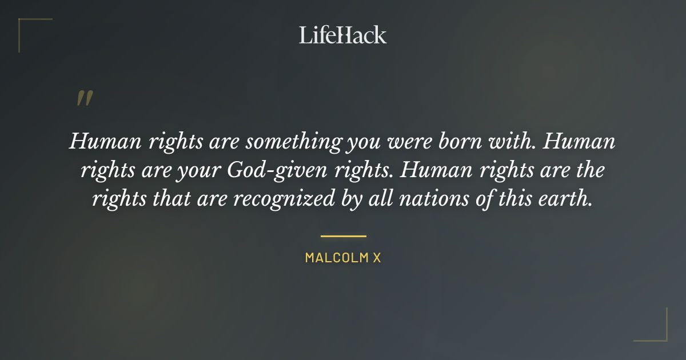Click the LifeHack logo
tap(342, 35)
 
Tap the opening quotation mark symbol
tap(84, 98)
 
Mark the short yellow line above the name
tap(343, 235)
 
